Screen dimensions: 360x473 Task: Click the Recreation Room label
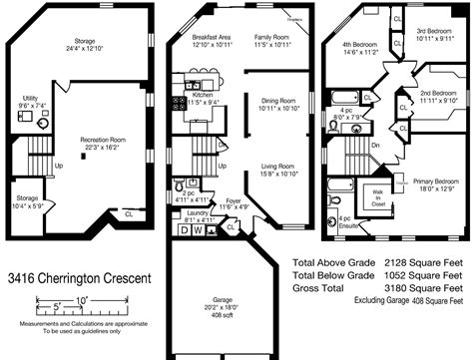click(104, 141)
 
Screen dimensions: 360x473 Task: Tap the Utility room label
click(31, 100)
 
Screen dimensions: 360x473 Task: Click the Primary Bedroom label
click(432, 181)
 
